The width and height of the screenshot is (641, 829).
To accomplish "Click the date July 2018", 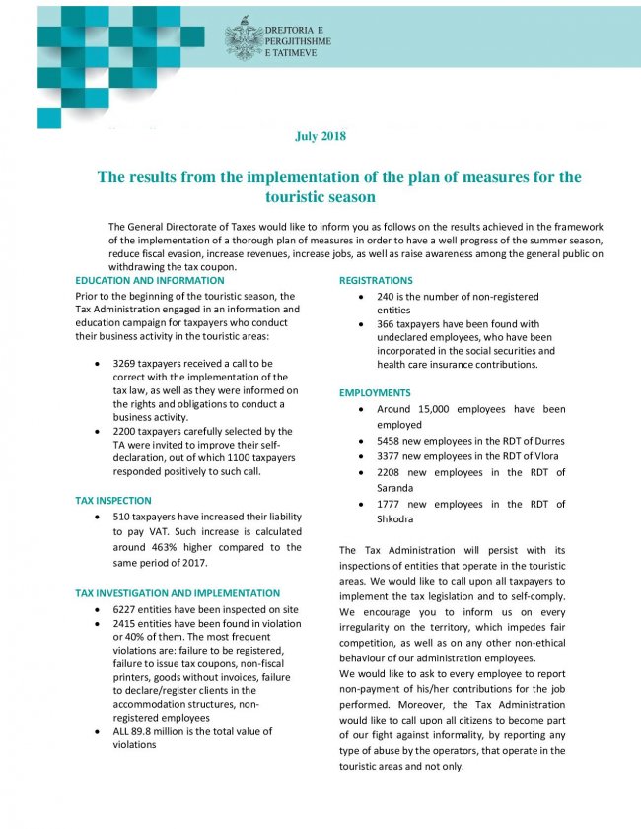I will (x=320, y=135).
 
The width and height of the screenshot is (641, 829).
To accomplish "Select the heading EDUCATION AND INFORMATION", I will (x=150, y=281).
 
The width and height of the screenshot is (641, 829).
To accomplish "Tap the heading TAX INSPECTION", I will (x=113, y=500).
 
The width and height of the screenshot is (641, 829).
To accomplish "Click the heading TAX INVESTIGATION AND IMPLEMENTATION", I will (x=178, y=593).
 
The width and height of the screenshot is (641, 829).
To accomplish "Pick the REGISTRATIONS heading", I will (x=376, y=281).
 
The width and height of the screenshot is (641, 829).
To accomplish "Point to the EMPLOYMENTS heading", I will (x=375, y=392).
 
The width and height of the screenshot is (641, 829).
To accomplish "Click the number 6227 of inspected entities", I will (x=126, y=610).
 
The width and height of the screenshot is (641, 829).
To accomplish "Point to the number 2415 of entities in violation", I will (x=126, y=624).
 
